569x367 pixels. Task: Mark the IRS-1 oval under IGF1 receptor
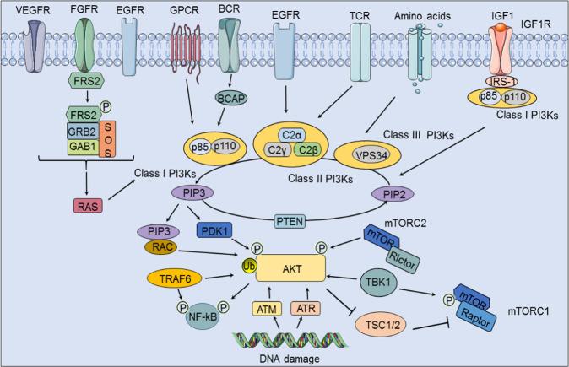click(x=509, y=81)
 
